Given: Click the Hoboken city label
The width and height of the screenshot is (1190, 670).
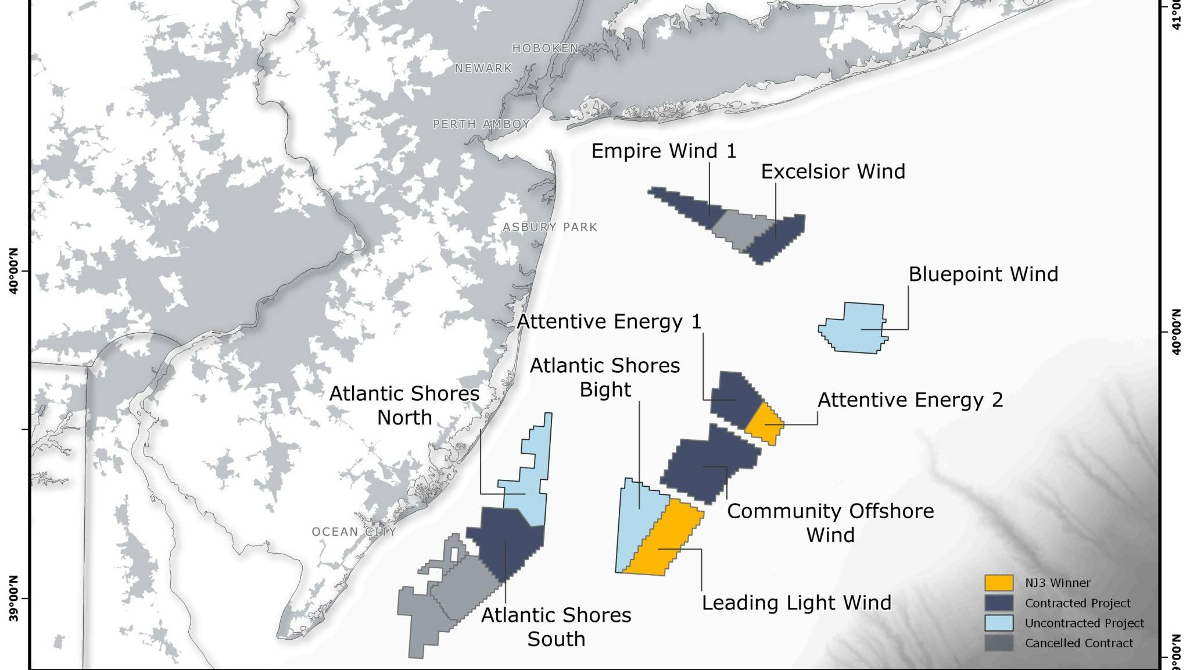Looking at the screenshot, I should pos(545,48).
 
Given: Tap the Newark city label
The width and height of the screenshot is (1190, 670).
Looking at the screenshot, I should pos(483,69).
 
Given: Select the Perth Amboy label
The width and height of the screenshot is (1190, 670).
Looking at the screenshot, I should pos(481,124).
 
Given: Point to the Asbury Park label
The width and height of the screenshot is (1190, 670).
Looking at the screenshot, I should pos(550,227).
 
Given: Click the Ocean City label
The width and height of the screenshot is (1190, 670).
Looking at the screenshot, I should pos(354,532).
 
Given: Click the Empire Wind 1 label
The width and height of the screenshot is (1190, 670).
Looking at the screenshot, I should pos(664,151).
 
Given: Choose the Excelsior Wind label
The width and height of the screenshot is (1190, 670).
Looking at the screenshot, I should pos(833,172).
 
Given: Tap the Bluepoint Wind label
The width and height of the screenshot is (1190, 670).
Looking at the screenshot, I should pos(983,274).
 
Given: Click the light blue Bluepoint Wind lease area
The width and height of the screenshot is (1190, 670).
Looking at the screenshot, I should pos(854,329).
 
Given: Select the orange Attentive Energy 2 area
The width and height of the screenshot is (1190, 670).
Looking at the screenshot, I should pos(764,423).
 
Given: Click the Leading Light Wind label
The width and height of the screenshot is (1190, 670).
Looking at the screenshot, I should pos(796,603).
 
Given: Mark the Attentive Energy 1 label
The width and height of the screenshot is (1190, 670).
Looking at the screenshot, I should pos(609,322).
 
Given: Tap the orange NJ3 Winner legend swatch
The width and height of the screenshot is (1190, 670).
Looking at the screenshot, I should pos(999,583).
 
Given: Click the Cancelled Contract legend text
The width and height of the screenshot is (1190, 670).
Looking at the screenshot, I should pos(1078,643).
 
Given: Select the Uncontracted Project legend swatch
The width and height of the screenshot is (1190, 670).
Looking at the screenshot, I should pos(999,623).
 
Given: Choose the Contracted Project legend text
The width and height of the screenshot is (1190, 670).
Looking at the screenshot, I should pos(1077,603).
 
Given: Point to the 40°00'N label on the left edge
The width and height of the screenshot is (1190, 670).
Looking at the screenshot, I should pos(14,271).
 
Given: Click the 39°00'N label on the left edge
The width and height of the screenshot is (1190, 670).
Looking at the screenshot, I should pos(14,598).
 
